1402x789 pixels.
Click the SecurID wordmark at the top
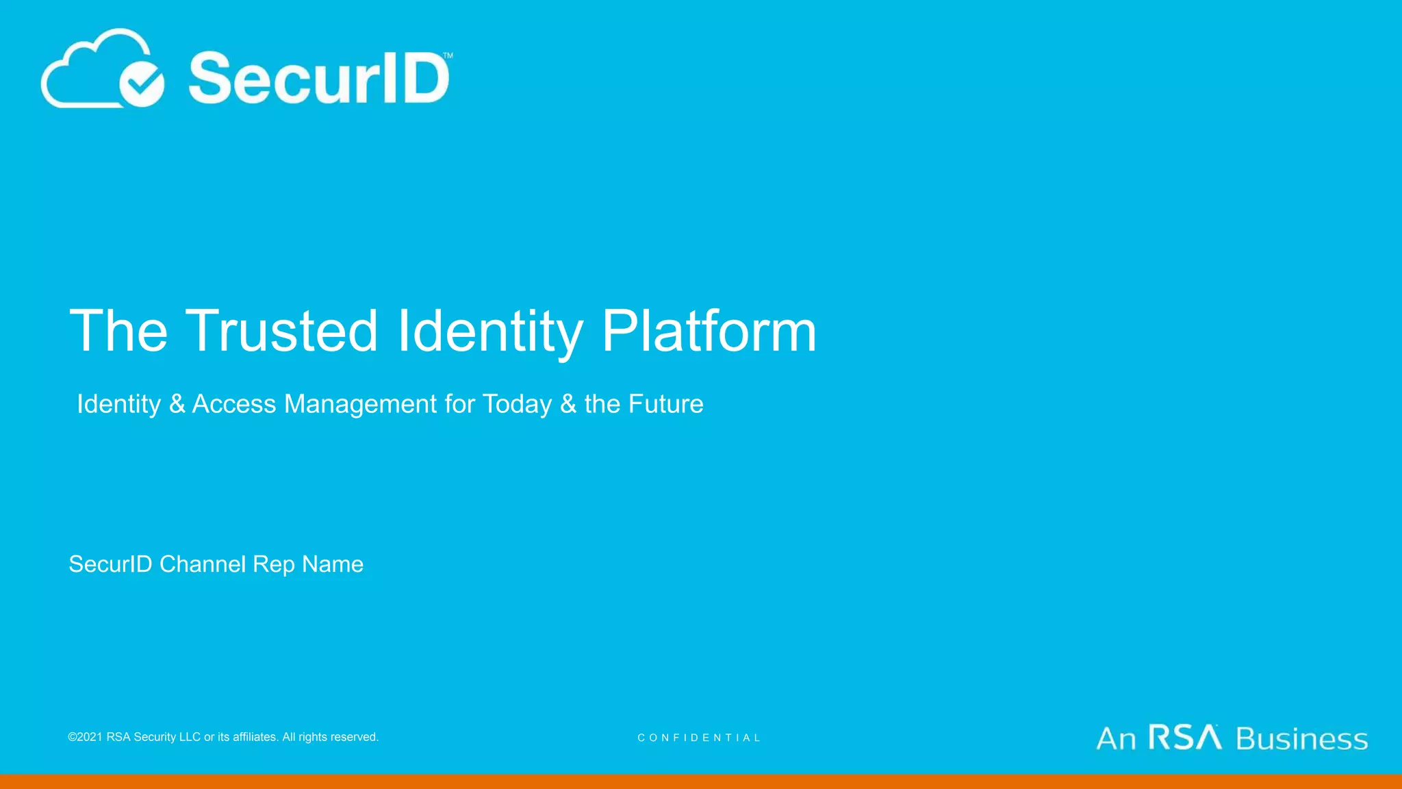pos(319,78)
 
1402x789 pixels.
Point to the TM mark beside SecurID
pos(448,55)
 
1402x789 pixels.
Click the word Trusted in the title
pos(281,331)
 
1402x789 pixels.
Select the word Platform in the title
pos(709,331)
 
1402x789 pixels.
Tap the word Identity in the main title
pos(490,332)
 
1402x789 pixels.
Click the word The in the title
pos(118,331)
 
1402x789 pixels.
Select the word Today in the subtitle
pos(517,404)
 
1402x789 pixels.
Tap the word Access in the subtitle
pos(234,404)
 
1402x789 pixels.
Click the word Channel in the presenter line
pos(203,564)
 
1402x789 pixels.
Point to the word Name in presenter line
pos(333,564)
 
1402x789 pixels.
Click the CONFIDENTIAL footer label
pos(699,738)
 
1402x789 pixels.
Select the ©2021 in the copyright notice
pos(86,737)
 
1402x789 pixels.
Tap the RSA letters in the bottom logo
pos(1185,738)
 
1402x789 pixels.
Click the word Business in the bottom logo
pos(1302,739)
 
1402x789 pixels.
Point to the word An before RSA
pos(1116,739)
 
